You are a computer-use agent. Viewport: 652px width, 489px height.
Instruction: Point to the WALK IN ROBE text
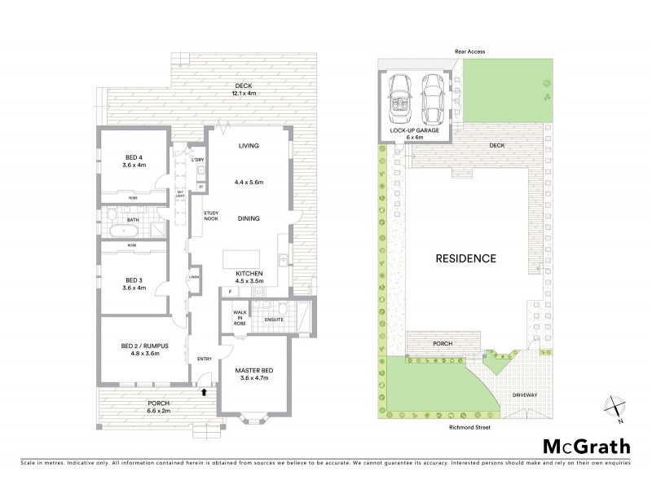239,319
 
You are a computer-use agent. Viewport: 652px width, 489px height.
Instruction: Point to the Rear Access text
469,51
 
